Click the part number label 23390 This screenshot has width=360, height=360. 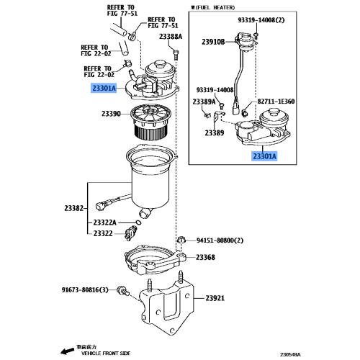pos(112,114)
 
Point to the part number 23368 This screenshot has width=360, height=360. pos(205,257)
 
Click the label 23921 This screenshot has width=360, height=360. pos(215,298)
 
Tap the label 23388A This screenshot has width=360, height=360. pos(171,35)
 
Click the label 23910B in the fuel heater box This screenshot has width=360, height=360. pos(213,41)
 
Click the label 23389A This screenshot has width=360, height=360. pos(203,102)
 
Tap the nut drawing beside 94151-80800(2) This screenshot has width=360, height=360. pos(181,240)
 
